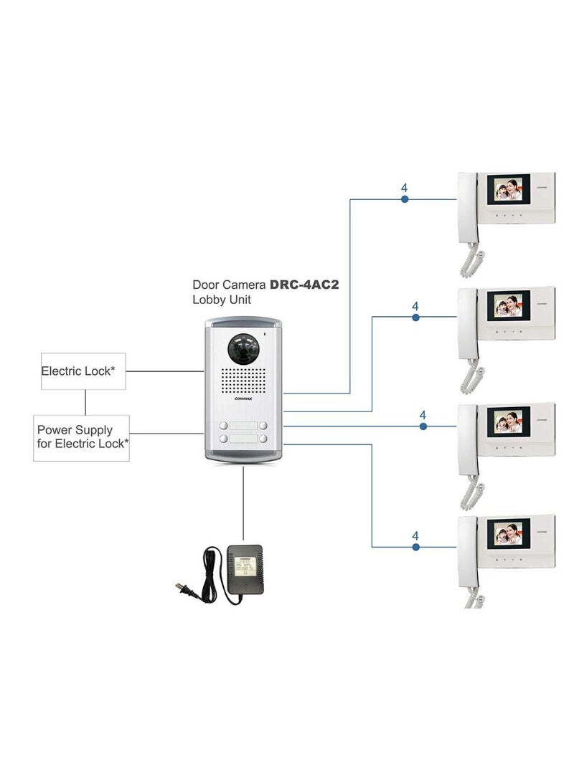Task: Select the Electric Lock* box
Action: tap(83, 371)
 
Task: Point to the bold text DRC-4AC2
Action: tap(304, 285)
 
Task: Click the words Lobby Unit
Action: tap(222, 300)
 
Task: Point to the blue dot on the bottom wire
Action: tap(415, 547)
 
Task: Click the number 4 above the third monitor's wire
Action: tap(423, 415)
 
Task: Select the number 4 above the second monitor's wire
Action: tap(415, 306)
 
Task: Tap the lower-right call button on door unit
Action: tap(263, 439)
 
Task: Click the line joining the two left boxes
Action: tap(85, 402)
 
